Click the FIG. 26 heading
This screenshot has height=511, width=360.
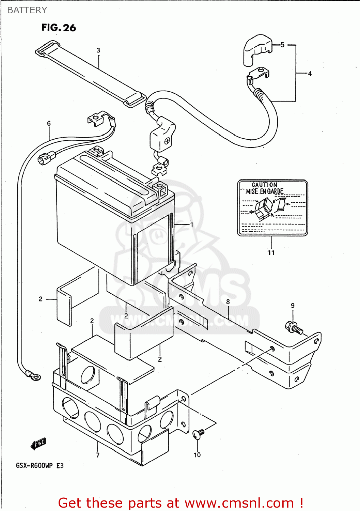[x=59, y=28]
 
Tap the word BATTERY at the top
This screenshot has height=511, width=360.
[x=27, y=10]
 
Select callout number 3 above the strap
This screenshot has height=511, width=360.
[x=98, y=50]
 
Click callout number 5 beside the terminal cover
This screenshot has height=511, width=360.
[x=282, y=45]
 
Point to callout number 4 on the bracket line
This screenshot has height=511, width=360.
[x=310, y=74]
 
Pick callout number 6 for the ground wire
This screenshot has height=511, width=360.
[x=49, y=123]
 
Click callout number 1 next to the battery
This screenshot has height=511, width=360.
[x=191, y=225]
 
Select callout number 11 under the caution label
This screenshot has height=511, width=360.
[x=271, y=253]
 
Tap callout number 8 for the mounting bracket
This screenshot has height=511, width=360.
[x=228, y=302]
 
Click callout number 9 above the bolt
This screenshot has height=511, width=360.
[x=293, y=306]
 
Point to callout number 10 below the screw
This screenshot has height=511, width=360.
[x=197, y=455]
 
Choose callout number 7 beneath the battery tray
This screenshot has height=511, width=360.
[x=98, y=455]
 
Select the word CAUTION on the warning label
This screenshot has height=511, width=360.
[x=264, y=185]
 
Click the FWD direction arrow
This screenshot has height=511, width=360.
[x=38, y=444]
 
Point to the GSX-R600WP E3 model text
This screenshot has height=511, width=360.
[x=40, y=466]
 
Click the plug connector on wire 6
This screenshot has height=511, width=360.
[x=47, y=158]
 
